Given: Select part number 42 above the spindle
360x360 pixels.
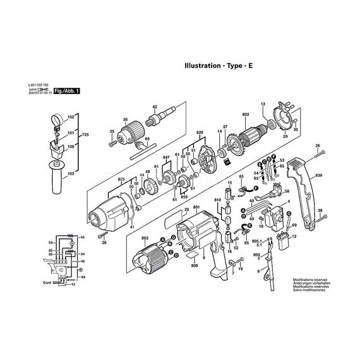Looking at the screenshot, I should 155,107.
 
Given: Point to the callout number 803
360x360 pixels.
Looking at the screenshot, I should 245,114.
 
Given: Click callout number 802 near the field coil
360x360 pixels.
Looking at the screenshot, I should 145,239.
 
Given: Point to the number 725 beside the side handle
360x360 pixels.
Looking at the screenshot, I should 86,136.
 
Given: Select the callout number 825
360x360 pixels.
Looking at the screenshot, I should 121,180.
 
